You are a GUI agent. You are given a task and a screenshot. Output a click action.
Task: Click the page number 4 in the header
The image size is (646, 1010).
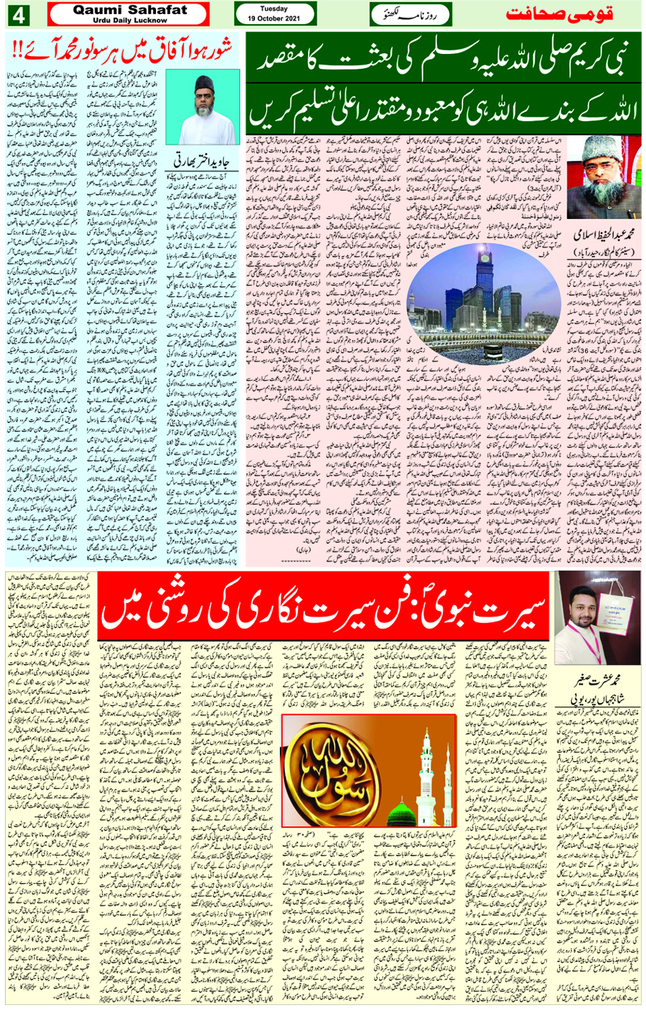[x=16, y=13]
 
